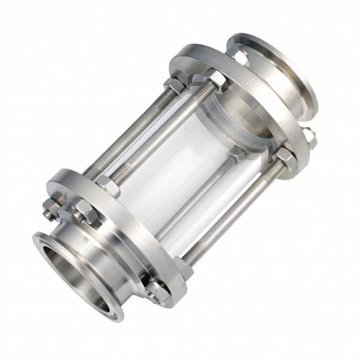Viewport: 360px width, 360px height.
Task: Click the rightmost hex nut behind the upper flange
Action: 308,138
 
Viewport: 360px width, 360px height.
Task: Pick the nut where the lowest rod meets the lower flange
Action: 183,268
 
